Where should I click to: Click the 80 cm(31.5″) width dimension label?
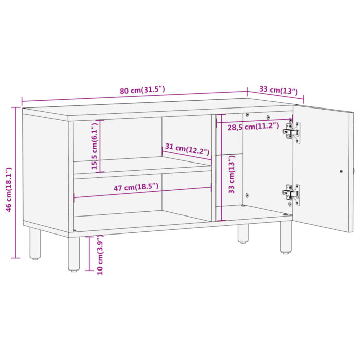point(142,91)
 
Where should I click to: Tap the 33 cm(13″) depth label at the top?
point(278,90)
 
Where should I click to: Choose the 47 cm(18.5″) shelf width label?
point(136,188)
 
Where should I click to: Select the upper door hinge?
point(292,132)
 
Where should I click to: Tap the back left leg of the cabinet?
point(35,243)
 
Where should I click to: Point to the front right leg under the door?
point(285,237)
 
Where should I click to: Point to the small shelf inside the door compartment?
point(229,154)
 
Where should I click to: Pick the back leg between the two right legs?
point(243,233)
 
